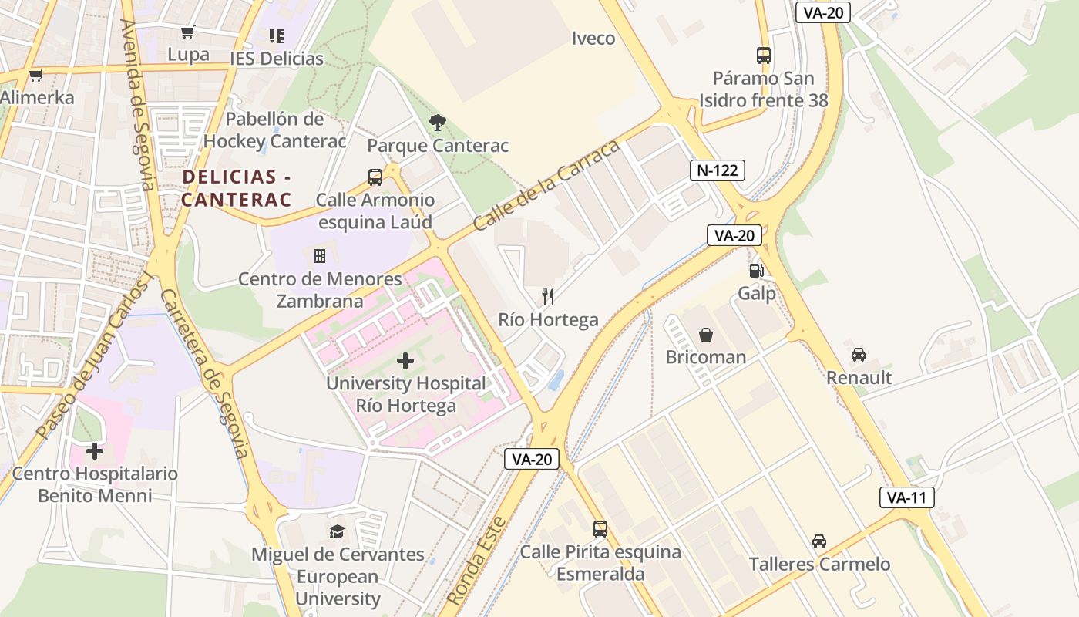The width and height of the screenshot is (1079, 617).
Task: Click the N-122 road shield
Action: (717, 170)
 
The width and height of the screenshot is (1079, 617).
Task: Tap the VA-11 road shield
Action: (906, 497)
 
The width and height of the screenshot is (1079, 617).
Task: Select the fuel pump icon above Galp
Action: (756, 271)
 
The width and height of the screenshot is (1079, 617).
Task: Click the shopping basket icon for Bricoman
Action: (705, 335)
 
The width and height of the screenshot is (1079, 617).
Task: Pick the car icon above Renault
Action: (859, 355)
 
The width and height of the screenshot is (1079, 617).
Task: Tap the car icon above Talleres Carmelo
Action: (818, 541)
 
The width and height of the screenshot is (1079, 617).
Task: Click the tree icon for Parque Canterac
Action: (438, 122)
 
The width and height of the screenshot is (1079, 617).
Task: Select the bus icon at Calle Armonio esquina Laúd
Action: (375, 177)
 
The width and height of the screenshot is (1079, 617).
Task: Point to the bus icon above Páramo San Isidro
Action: (763, 56)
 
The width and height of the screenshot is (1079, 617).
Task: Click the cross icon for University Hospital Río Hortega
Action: (405, 360)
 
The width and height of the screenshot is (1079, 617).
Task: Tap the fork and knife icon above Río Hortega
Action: (548, 297)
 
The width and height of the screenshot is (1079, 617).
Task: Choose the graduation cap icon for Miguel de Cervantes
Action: (337, 531)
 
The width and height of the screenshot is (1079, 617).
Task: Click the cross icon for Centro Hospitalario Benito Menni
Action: (95, 451)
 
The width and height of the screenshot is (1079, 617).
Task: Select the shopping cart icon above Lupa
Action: (187, 32)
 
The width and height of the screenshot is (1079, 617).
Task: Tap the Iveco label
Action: (593, 39)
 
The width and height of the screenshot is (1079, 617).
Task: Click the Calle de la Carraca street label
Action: (546, 186)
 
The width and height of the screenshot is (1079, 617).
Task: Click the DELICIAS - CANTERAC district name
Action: (237, 188)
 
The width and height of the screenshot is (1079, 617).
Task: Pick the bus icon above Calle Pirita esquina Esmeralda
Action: (600, 529)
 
